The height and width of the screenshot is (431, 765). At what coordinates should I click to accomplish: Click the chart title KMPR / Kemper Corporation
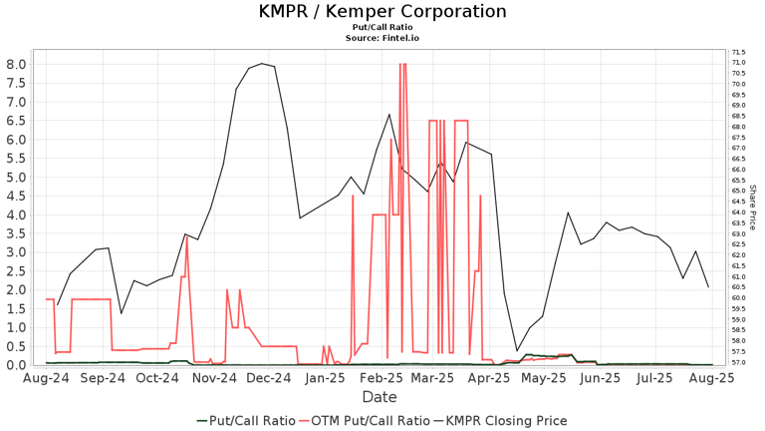[382, 12]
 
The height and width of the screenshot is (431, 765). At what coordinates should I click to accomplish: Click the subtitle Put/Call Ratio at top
[382, 28]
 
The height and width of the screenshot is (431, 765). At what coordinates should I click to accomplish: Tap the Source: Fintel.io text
[382, 38]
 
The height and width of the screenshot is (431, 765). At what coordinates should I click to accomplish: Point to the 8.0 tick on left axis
[16, 64]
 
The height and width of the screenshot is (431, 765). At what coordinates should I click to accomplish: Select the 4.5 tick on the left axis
[16, 196]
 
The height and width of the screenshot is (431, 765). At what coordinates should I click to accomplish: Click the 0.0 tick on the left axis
[16, 365]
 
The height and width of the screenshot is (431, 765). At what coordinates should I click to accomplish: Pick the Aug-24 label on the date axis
[47, 379]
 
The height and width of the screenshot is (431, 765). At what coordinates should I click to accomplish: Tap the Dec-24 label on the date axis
[269, 379]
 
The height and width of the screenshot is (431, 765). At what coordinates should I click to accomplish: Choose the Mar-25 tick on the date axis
[433, 379]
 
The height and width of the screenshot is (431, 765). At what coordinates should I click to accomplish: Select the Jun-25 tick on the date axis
[601, 379]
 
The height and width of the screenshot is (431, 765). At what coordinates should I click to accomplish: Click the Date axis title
[380, 397]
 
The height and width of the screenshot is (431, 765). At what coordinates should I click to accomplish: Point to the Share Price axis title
[753, 207]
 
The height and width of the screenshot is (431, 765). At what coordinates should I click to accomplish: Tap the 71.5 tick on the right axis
[739, 52]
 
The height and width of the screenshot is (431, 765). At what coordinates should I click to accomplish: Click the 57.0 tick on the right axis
[739, 362]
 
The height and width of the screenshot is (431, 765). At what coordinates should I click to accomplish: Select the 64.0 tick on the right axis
[739, 213]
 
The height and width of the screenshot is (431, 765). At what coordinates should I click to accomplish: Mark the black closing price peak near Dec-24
[262, 64]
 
